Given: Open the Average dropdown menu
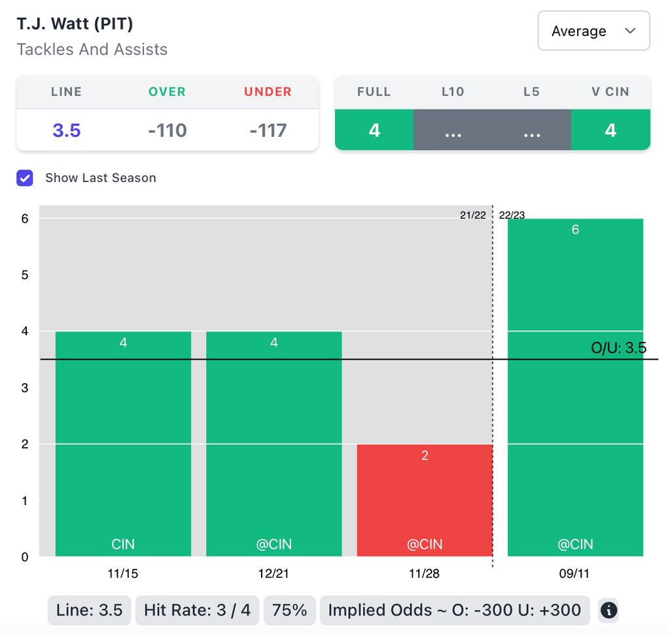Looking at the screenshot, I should pyautogui.click(x=593, y=31).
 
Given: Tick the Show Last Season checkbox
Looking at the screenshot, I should pyautogui.click(x=25, y=177).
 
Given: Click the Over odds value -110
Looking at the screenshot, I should pyautogui.click(x=167, y=130).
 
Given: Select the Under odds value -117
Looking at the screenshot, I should pyautogui.click(x=268, y=130).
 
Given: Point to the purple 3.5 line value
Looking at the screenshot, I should pyautogui.click(x=67, y=130).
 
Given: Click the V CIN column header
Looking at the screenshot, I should pyautogui.click(x=610, y=92).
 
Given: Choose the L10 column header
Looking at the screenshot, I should pyautogui.click(x=453, y=92).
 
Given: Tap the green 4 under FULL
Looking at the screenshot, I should pyautogui.click(x=374, y=130).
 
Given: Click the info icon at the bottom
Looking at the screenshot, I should pyautogui.click(x=608, y=610).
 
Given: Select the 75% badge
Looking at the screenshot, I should pyautogui.click(x=290, y=610).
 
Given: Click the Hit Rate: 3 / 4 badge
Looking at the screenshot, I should pyautogui.click(x=197, y=610).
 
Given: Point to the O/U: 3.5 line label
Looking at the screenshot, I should pyautogui.click(x=618, y=348).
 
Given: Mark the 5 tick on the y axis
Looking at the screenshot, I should pyautogui.click(x=25, y=275).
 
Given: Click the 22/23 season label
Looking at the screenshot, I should pyautogui.click(x=512, y=215).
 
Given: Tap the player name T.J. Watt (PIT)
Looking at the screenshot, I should pyautogui.click(x=75, y=25).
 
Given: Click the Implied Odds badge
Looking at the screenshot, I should pyautogui.click(x=454, y=610).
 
